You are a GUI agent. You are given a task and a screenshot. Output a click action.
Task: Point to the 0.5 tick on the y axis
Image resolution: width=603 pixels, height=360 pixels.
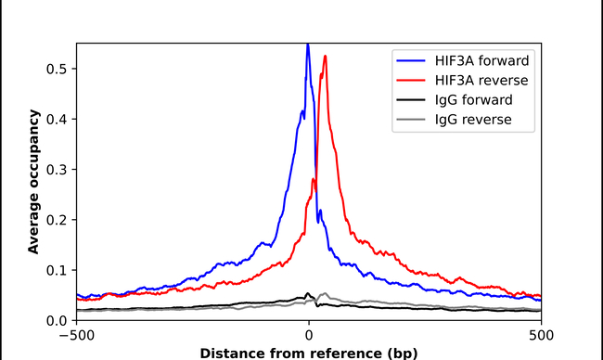[58, 69]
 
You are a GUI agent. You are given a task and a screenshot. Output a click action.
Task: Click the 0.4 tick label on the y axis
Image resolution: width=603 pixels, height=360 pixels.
[58, 119]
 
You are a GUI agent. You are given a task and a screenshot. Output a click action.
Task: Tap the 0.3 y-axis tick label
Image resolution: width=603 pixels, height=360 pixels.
[58, 170]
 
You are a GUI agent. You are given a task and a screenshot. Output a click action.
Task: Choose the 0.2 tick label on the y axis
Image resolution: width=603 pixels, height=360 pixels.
[58, 220]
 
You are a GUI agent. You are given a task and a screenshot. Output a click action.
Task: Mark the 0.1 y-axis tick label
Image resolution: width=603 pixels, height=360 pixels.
[58, 270]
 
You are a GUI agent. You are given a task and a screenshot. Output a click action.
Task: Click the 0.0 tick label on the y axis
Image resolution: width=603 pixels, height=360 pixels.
[58, 320]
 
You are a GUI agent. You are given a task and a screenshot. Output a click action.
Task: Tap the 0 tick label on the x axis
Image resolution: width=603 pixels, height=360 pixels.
[309, 336]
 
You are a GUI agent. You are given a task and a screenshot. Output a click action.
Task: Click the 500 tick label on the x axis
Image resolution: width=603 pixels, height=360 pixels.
[541, 336]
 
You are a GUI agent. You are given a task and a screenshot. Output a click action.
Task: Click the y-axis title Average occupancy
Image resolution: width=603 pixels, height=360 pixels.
[33, 182]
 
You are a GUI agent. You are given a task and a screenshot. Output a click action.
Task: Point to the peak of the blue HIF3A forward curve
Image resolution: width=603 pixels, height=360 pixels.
[308, 45]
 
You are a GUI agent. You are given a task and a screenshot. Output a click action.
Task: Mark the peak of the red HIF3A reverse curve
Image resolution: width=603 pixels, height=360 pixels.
[325, 56]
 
